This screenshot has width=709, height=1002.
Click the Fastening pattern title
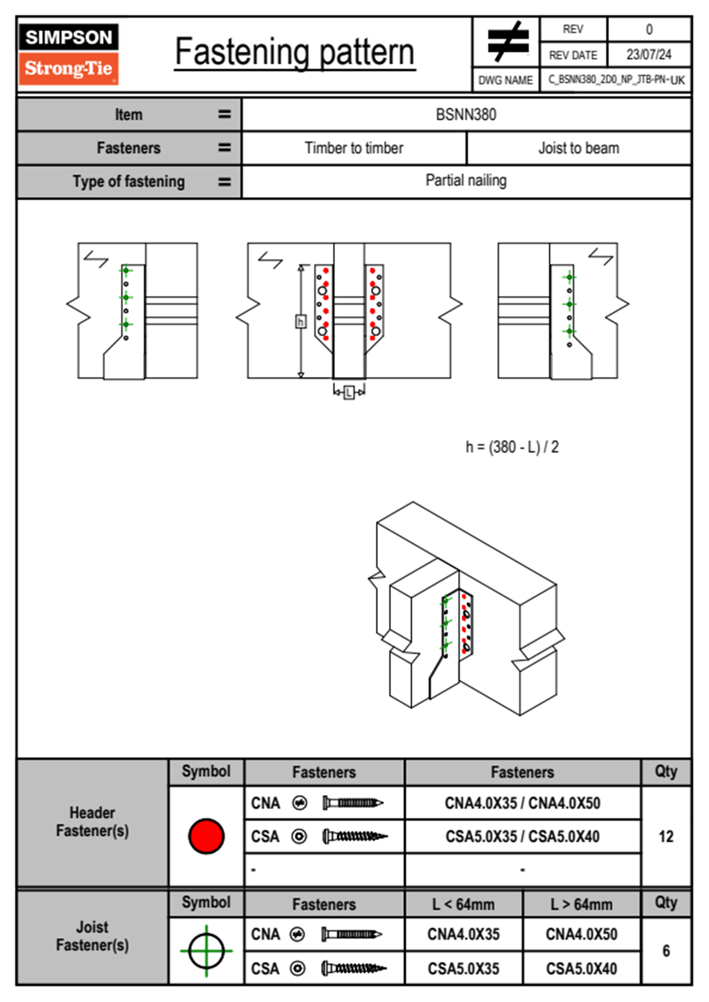(294, 52)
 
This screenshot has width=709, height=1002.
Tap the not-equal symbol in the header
(507, 42)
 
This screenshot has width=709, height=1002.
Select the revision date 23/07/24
(648, 55)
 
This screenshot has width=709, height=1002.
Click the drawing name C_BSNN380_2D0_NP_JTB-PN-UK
(615, 80)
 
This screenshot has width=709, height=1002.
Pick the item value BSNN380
(466, 114)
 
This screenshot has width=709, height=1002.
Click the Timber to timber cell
(354, 148)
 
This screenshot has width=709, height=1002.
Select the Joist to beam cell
(579, 148)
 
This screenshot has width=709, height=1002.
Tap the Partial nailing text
(466, 181)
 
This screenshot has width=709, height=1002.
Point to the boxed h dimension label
(301, 322)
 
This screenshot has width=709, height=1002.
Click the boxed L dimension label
(349, 392)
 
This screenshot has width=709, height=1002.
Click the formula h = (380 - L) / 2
(512, 447)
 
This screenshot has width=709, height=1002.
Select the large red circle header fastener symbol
(206, 836)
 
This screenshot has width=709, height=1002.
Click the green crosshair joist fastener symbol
(206, 951)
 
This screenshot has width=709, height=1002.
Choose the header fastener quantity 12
(666, 836)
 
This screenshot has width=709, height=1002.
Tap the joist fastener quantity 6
(666, 951)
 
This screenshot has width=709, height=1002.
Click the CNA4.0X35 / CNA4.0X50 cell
(523, 803)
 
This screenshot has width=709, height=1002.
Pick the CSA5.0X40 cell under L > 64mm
(581, 969)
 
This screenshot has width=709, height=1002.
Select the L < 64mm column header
(464, 904)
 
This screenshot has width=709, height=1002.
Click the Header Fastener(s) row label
(92, 821)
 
